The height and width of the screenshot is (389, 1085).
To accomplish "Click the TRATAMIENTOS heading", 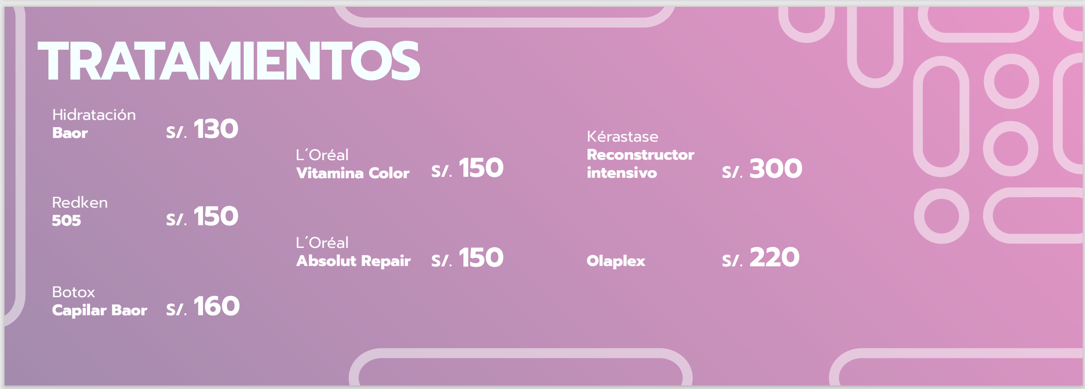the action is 229,61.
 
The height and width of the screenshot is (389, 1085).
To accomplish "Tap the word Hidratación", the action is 94,114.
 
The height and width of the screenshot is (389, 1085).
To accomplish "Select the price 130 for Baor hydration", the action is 216,129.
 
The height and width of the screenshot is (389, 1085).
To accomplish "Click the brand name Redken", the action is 80,202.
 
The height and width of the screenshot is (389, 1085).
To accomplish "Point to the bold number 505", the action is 66,220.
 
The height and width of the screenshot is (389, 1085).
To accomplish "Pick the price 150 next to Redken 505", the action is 216,216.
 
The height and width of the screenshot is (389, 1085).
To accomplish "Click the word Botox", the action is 73,292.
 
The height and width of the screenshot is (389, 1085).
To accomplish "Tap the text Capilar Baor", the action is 100,310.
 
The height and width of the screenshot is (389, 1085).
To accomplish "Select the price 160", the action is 216,306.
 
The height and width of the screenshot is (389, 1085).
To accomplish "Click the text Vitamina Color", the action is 352,173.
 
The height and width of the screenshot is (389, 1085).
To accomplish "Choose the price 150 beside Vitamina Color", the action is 481,168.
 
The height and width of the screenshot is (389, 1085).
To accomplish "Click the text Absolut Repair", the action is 353,261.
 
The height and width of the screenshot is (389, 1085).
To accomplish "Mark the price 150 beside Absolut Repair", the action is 481,258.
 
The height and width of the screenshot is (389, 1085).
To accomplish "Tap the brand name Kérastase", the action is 622,136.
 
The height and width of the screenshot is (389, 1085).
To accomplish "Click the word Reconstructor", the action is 641,155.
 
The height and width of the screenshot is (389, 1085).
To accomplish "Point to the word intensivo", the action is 622,172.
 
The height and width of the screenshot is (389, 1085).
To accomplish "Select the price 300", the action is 776,168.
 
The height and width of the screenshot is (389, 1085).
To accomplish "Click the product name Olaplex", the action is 616,261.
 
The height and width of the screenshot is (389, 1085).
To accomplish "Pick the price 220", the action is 774,258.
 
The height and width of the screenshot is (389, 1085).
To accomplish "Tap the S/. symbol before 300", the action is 732,172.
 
